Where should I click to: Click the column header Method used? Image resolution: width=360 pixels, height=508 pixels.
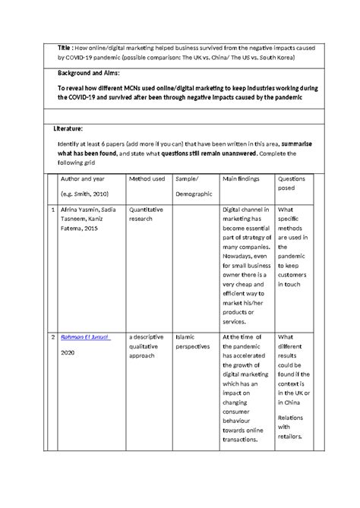click(x=147, y=178)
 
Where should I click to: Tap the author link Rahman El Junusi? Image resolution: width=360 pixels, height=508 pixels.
click(x=84, y=337)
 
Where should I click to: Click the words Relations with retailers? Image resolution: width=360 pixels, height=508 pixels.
click(x=292, y=427)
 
